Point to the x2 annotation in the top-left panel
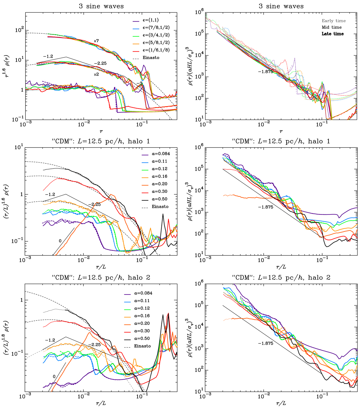click(x=96, y=74)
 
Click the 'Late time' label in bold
click(x=333, y=34)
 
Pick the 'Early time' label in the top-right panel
click(x=334, y=21)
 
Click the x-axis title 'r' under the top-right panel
click(x=281, y=131)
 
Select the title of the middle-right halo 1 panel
click(x=281, y=141)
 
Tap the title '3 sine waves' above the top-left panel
click(x=101, y=6)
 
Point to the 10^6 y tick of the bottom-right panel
click(x=198, y=283)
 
